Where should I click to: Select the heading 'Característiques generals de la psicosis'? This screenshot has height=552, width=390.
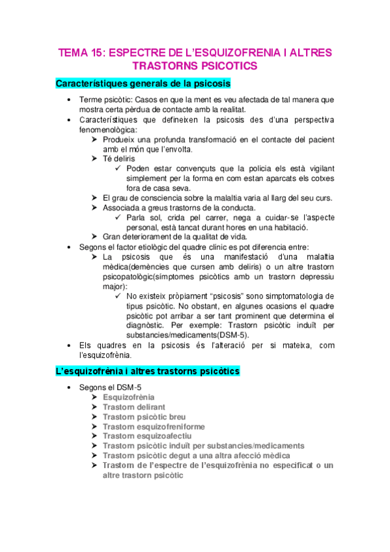pos(143,84)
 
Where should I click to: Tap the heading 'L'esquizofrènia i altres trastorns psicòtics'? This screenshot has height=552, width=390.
pos(148,371)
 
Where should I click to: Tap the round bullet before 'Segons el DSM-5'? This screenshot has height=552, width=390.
pos(70,387)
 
